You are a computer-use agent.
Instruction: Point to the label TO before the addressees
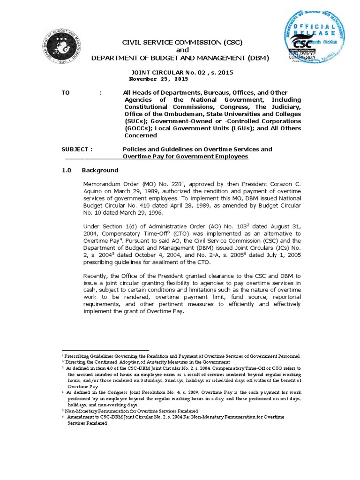point(66,93)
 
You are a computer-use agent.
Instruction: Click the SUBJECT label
point(77,149)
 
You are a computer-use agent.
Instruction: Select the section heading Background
point(100,170)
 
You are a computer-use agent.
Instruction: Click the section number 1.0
point(66,170)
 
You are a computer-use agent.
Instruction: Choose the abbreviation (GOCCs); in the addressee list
point(139,128)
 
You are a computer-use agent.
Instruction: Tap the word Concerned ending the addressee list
point(141,135)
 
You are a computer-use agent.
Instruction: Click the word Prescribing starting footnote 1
point(79,356)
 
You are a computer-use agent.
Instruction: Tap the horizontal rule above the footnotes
point(105,350)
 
